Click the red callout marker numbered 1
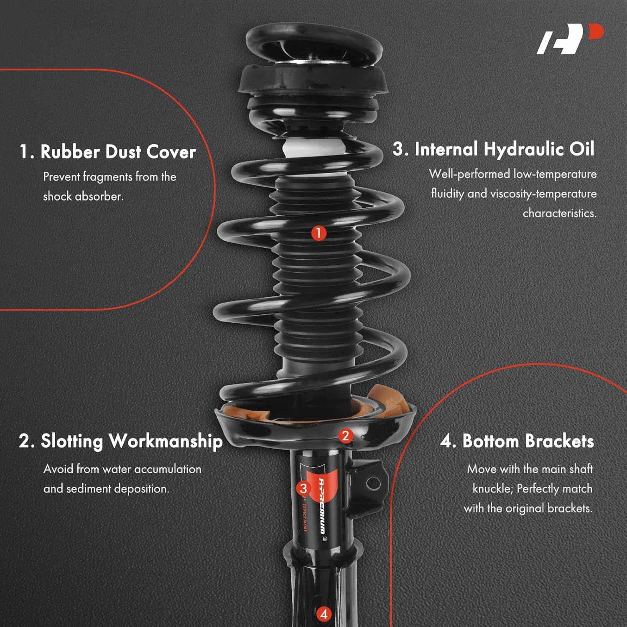(319, 233)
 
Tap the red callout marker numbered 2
(345, 436)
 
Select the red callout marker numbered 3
(303, 488)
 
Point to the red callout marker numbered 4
(324, 614)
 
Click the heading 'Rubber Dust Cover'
(118, 152)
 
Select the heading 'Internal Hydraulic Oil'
(504, 149)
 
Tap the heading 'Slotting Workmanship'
(131, 441)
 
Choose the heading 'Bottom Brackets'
(528, 441)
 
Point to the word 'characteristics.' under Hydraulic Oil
(559, 213)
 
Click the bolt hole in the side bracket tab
(373, 484)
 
